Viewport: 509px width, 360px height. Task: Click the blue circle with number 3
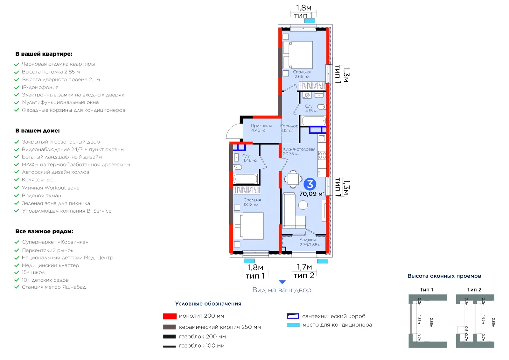point(310,184)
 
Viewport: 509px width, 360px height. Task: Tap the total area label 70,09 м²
point(312,194)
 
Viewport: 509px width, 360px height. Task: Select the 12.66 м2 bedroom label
point(301,77)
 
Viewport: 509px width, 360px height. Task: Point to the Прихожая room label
point(261,126)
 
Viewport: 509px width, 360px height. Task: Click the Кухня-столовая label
point(299,149)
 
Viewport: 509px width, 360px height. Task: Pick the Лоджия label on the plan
point(308,240)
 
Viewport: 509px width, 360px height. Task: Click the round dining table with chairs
point(293,179)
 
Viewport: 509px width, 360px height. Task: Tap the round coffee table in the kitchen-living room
point(303,205)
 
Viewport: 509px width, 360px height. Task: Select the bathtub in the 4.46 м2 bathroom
point(245,179)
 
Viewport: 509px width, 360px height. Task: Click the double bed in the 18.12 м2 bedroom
point(249,226)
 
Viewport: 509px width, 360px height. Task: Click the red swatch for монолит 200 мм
point(170,316)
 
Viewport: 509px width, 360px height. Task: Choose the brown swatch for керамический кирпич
point(170,327)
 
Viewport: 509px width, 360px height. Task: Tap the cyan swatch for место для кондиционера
point(293,325)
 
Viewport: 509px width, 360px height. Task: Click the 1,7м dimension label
point(304,267)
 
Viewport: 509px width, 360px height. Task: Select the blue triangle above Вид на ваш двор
point(282,282)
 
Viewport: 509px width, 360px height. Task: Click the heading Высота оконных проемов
point(444,276)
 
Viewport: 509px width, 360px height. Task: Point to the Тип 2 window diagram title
point(474,290)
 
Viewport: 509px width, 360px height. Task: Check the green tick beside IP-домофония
point(17,88)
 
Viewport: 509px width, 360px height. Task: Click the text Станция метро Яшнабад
point(54,287)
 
